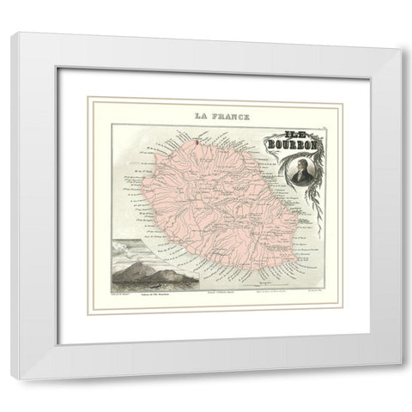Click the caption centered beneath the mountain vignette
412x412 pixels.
147,298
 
